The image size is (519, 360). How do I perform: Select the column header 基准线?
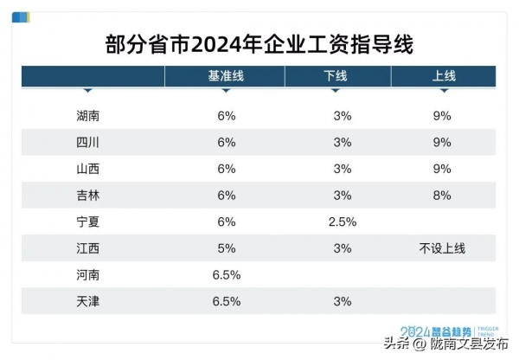226,76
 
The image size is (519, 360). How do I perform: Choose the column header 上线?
443,76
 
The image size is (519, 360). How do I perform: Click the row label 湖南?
89,115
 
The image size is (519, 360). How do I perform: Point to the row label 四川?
89,142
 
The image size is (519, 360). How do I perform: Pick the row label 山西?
89,169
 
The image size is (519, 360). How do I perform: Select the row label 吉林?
89,196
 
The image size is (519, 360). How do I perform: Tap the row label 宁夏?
89,222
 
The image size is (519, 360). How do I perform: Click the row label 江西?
89,248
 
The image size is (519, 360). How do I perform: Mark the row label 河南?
89,275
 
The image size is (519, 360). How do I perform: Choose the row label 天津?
89,302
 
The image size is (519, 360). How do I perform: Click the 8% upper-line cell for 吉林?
442,196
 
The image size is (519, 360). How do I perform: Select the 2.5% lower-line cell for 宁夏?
342,222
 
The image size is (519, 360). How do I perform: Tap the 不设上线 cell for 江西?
442,248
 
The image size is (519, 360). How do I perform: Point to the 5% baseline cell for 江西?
226,248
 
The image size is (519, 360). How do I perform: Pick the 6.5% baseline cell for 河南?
226,275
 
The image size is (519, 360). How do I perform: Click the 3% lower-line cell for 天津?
342,302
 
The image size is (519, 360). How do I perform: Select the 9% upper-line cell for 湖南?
442,115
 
